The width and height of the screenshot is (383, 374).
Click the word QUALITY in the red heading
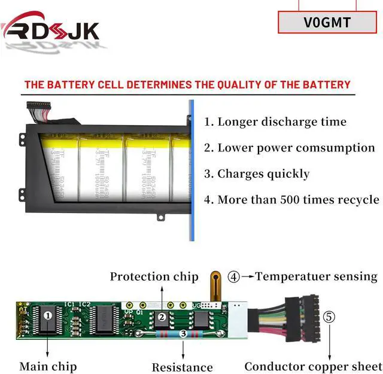(x=227, y=84)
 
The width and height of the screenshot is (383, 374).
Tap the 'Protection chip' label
(x=154, y=276)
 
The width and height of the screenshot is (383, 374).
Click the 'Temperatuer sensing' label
(x=316, y=276)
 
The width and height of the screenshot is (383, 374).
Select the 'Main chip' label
(x=48, y=366)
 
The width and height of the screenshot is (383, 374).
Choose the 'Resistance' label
(x=182, y=367)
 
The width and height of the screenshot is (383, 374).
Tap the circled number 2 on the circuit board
(x=161, y=317)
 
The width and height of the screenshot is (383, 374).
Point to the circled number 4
(x=234, y=276)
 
